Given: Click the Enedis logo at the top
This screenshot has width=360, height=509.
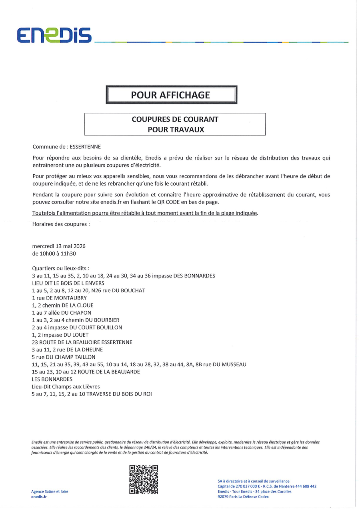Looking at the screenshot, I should (x=54, y=35).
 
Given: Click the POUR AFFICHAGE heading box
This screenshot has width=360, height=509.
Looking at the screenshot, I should (x=171, y=95).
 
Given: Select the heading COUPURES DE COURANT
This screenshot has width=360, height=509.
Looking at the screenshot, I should (x=175, y=119).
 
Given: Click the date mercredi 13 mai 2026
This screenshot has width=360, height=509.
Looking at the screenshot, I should (x=59, y=246).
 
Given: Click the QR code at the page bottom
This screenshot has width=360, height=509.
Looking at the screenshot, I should (x=144, y=479).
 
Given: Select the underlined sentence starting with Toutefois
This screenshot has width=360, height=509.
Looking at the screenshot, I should (x=145, y=213).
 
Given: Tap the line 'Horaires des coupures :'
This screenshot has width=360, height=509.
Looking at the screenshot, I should (x=61, y=224).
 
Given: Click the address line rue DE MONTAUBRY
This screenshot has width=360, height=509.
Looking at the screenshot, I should (x=59, y=298).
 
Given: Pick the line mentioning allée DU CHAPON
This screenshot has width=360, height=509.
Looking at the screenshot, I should (x=62, y=313).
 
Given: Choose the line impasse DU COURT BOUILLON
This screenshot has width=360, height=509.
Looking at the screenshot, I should (x=77, y=327).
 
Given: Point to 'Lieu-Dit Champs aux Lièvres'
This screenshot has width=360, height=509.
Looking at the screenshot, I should (x=66, y=387).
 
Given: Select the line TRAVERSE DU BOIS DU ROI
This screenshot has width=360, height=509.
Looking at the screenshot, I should (x=92, y=394).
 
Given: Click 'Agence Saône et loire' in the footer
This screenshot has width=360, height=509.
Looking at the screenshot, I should (x=50, y=491).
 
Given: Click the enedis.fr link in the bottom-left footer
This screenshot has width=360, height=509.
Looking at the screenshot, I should (x=39, y=497).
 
